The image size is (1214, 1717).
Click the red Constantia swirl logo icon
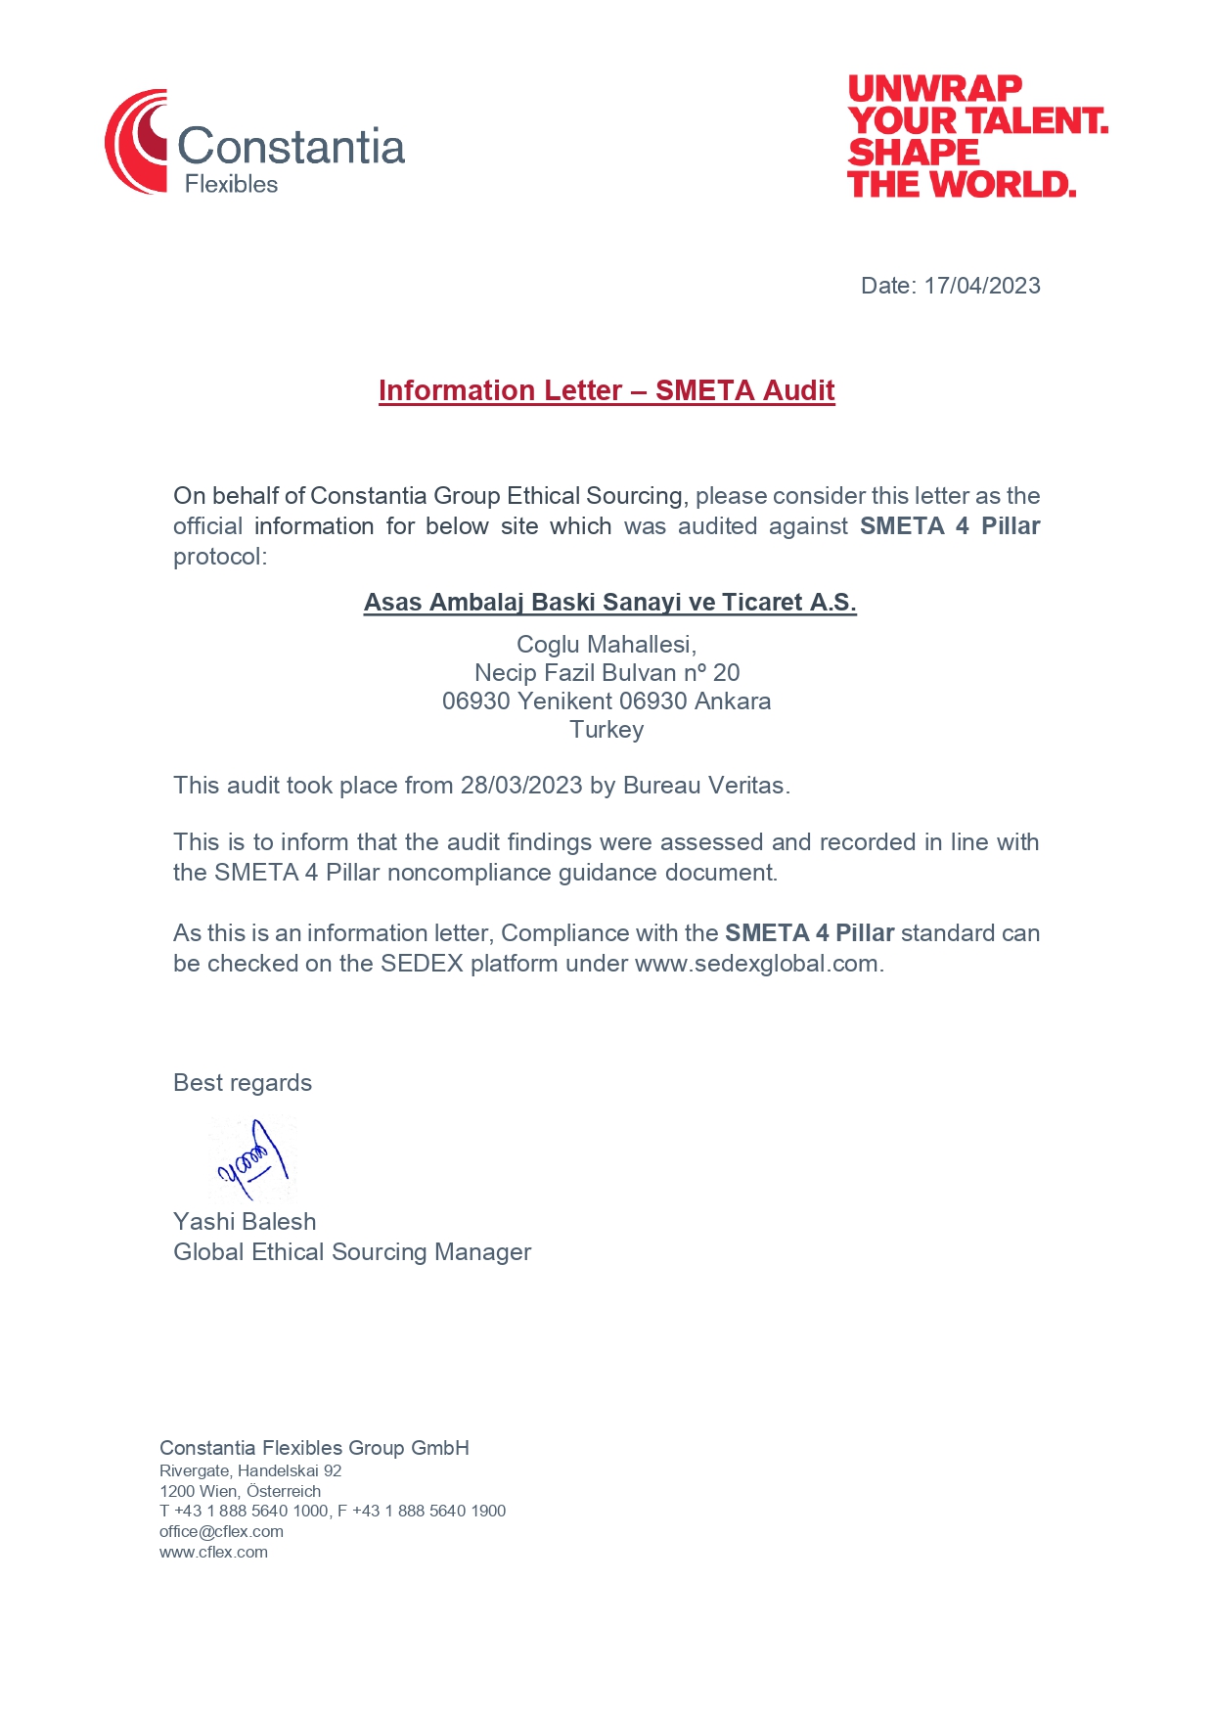click(x=137, y=142)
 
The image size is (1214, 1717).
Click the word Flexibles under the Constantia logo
click(x=231, y=184)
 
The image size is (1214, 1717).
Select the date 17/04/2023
click(x=981, y=286)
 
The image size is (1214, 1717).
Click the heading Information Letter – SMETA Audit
click(x=607, y=390)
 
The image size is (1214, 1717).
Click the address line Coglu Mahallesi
click(x=607, y=644)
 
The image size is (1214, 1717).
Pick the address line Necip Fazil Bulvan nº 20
click(x=607, y=672)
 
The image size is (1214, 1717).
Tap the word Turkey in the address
click(x=607, y=729)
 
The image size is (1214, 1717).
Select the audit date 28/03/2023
click(x=521, y=786)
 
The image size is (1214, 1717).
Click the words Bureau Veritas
click(x=704, y=786)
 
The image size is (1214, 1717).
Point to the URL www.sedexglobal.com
click(x=756, y=964)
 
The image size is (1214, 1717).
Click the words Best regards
click(x=243, y=1083)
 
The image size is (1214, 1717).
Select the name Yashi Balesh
click(x=245, y=1222)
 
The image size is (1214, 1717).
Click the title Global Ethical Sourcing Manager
click(x=352, y=1252)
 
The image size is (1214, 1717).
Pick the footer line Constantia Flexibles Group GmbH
click(x=314, y=1448)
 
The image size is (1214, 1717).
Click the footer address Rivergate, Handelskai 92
click(x=250, y=1470)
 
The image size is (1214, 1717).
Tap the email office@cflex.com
click(x=221, y=1531)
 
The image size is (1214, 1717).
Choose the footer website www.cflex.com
click(x=213, y=1552)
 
